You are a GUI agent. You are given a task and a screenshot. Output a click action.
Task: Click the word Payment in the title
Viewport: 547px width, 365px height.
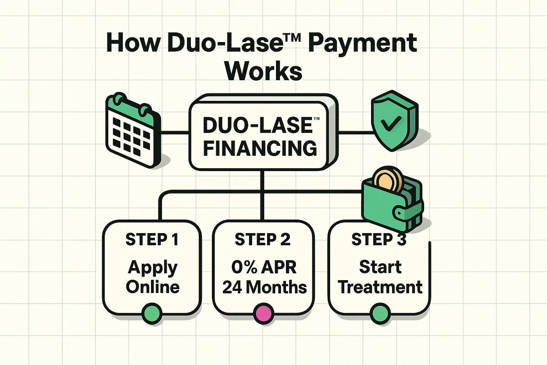(x=362, y=44)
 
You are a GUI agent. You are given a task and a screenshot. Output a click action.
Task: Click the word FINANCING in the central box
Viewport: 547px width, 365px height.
(x=260, y=148)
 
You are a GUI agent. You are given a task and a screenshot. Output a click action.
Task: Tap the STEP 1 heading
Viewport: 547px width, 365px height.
(x=152, y=240)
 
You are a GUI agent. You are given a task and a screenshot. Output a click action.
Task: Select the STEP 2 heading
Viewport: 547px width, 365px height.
(x=262, y=240)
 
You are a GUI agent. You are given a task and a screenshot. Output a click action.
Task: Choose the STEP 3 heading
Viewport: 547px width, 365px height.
(x=379, y=240)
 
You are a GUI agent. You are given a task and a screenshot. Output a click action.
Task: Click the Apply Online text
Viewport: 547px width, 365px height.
(x=152, y=277)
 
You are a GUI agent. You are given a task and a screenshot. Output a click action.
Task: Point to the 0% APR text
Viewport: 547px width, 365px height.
(x=264, y=267)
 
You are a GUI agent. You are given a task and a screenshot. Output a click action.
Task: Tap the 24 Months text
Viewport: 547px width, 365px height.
(x=264, y=287)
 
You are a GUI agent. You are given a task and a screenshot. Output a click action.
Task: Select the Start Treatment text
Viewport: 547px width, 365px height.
(x=380, y=277)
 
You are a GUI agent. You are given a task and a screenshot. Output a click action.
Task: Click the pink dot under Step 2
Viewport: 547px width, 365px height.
(x=264, y=314)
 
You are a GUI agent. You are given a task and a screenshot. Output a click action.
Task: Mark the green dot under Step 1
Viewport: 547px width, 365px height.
(x=152, y=314)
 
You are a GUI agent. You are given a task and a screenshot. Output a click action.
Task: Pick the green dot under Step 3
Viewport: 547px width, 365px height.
(x=380, y=314)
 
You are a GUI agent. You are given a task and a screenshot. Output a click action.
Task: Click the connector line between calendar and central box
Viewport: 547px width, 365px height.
(x=174, y=133)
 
